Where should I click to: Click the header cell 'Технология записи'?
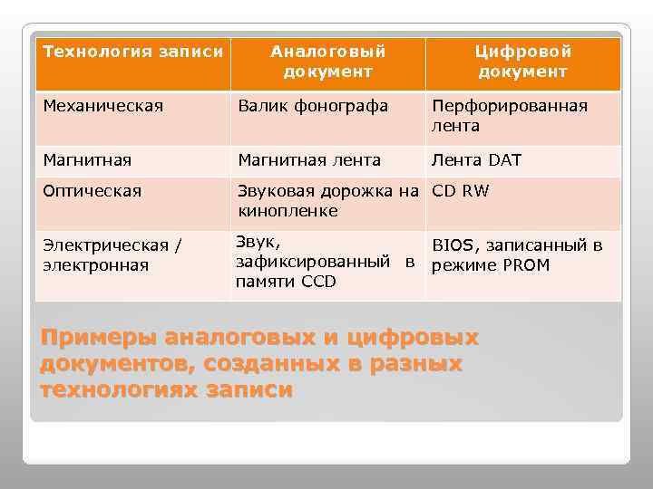(x=132, y=52)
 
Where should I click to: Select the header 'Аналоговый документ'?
(x=327, y=62)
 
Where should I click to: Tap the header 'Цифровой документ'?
(x=523, y=62)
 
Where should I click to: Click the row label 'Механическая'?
(x=103, y=106)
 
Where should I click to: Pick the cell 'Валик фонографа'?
(x=313, y=106)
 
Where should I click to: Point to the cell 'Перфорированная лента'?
(x=510, y=116)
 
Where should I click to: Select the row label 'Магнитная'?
(x=87, y=160)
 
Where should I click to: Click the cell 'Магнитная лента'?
(x=309, y=160)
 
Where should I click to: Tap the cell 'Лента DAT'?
(x=476, y=160)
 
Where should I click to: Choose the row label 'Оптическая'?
(x=93, y=191)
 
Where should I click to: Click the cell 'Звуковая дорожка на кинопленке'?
(x=327, y=201)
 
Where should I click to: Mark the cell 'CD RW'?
(x=460, y=191)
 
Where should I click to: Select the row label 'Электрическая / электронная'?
(x=112, y=255)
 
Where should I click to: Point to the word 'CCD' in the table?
(x=317, y=282)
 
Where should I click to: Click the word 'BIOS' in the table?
(x=453, y=245)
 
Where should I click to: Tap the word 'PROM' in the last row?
(x=527, y=265)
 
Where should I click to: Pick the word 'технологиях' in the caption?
(x=120, y=390)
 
